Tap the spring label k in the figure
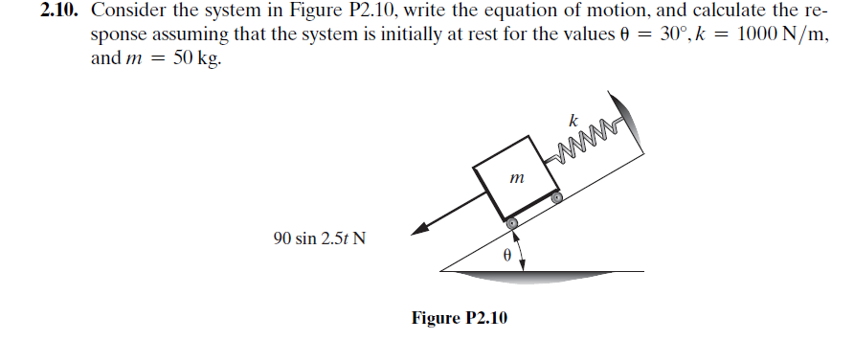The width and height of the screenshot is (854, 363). coord(573,121)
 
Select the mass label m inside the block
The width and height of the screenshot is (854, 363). coord(517,177)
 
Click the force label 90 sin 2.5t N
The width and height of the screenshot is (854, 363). coord(319,238)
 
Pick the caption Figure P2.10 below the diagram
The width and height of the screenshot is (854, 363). coord(460,318)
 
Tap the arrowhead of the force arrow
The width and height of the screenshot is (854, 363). coord(419,230)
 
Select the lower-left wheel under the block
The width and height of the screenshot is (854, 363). coord(512,223)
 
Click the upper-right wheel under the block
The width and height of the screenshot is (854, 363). coord(556,197)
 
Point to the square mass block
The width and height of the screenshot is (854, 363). coord(517,177)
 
